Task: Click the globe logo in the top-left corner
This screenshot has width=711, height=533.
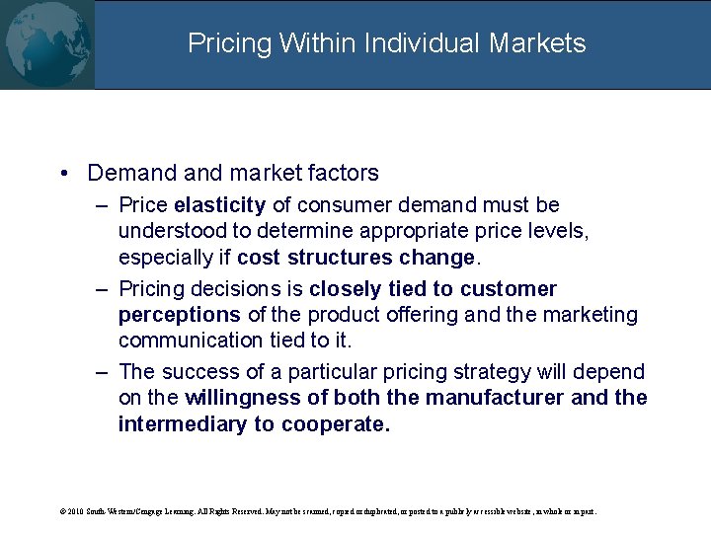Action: click(x=46, y=44)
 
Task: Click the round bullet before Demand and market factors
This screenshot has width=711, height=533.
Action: click(x=63, y=174)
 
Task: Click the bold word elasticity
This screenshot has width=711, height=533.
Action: click(x=219, y=205)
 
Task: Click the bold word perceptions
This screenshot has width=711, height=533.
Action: click(x=179, y=315)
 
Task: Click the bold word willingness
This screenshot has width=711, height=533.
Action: click(x=244, y=398)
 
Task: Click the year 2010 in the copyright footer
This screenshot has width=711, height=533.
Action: click(x=77, y=512)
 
